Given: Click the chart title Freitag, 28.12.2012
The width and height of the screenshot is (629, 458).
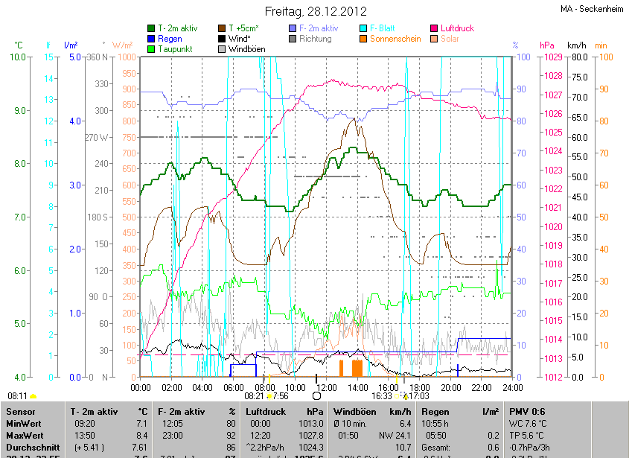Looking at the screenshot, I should [315, 11].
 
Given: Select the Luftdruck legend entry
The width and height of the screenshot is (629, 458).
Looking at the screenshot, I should [456, 28].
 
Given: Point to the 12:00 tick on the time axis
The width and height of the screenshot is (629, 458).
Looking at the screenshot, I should [327, 388].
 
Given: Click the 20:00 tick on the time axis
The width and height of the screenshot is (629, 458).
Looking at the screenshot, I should [451, 388].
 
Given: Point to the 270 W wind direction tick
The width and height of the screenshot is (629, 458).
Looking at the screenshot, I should [98, 137].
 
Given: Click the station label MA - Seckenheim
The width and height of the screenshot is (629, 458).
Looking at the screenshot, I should [592, 10].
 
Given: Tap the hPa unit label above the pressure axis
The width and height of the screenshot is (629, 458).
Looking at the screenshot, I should [547, 45].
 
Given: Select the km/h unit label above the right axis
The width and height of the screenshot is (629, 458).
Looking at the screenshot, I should [577, 45].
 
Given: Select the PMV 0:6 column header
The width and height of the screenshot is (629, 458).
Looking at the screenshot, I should [527, 411].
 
